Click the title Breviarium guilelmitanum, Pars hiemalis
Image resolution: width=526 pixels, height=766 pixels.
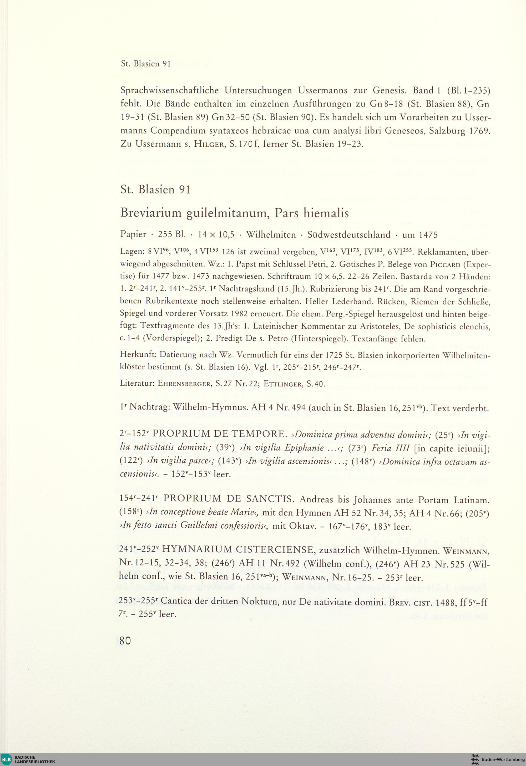pos(235,214)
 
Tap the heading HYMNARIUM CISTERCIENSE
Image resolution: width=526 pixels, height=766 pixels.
pos(237,549)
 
